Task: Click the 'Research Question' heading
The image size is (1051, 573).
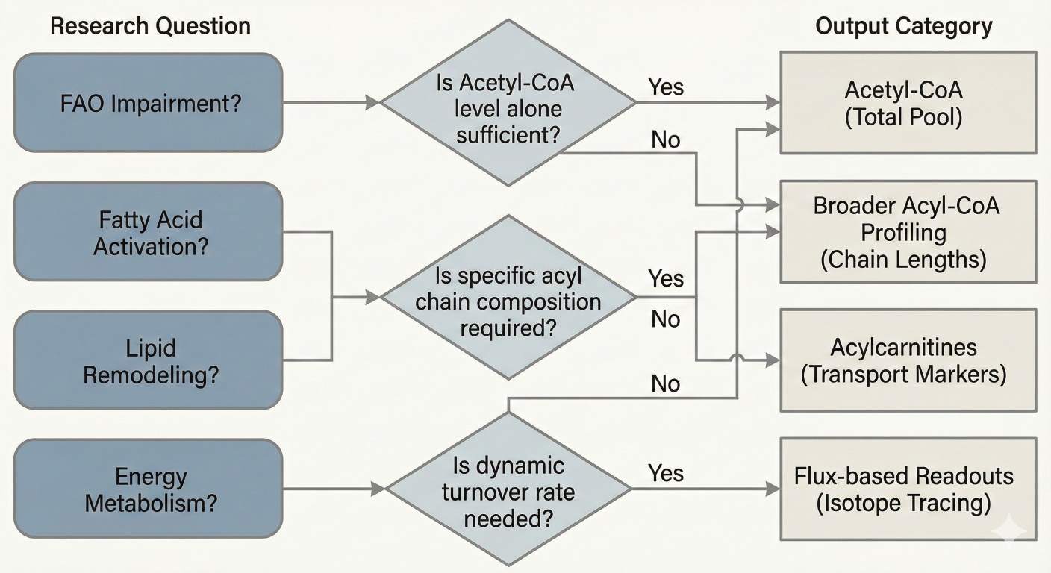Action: (x=150, y=27)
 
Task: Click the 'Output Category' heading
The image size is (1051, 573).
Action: (x=903, y=27)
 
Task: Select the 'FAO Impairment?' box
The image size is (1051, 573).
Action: (x=149, y=103)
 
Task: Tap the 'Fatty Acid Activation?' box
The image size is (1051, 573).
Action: (x=149, y=232)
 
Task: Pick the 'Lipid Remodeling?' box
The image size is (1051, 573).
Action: (x=149, y=360)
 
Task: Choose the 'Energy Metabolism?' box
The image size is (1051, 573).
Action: (x=149, y=489)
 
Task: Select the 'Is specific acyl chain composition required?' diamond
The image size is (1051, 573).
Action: (x=508, y=298)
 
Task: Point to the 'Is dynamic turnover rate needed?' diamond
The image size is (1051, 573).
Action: (x=508, y=489)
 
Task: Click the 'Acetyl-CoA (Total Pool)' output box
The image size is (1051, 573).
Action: (x=907, y=103)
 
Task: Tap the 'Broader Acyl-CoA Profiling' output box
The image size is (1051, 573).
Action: (x=907, y=232)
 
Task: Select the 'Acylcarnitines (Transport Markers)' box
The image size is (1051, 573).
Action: (x=907, y=360)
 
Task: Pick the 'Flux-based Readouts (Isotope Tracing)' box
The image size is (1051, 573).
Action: (x=907, y=489)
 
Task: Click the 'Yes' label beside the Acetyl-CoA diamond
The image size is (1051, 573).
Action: (x=665, y=87)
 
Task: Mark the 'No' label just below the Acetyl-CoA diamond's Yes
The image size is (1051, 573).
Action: (x=665, y=139)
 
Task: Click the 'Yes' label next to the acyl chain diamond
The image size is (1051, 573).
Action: (x=665, y=278)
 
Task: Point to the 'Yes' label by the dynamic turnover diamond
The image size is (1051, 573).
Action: (x=665, y=473)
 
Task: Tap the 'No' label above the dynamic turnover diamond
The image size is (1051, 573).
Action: (x=665, y=383)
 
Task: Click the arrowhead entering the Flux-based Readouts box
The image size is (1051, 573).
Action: (x=773, y=489)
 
